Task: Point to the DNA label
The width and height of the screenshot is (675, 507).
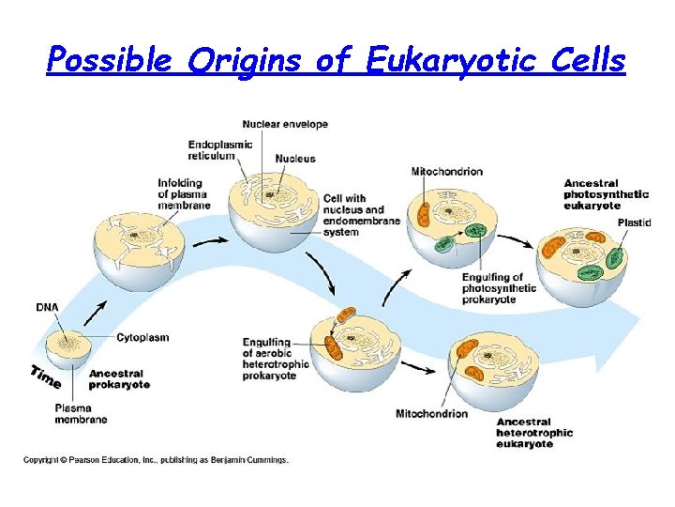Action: [x=47, y=307]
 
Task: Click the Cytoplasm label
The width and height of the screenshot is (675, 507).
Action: [x=142, y=337]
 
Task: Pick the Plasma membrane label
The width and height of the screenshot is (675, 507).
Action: [x=81, y=413]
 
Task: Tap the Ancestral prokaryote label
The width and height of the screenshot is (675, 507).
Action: [x=119, y=378]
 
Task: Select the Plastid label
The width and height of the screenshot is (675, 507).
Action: [x=634, y=222]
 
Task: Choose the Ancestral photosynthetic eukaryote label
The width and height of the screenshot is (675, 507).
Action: [x=606, y=193]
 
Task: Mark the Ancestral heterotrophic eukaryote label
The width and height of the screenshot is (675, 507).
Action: [x=535, y=433]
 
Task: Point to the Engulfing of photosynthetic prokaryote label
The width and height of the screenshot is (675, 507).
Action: [x=498, y=288]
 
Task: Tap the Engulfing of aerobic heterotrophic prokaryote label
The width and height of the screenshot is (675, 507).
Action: [x=276, y=359]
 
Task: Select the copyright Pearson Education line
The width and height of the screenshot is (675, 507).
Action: [x=156, y=460]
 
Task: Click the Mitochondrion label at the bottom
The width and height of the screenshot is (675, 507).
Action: [x=431, y=414]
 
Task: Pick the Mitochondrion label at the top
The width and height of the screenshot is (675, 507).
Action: [x=446, y=172]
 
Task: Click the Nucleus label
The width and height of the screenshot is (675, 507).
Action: [x=296, y=159]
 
